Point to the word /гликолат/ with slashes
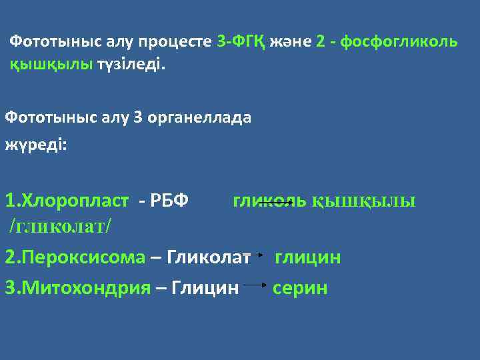tap(60, 226)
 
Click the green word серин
tap(301, 288)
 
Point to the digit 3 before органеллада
tap(138, 117)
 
